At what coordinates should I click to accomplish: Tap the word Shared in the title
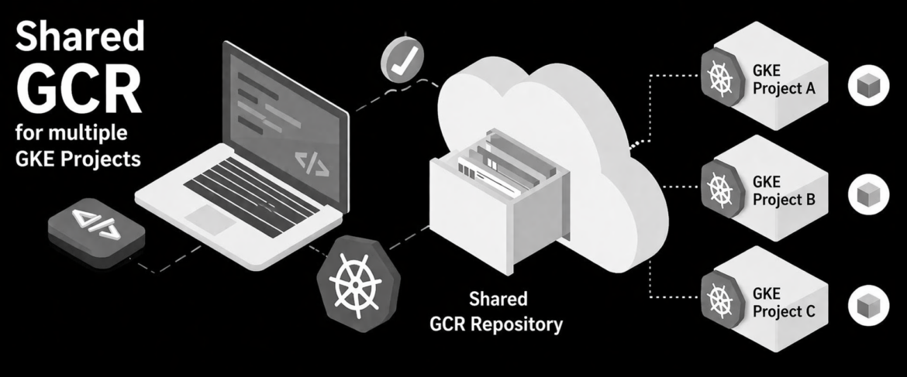point(80,35)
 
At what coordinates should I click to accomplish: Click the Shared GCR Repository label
point(496,312)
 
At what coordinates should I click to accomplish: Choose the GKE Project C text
point(783,303)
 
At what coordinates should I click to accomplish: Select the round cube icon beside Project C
point(868,305)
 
